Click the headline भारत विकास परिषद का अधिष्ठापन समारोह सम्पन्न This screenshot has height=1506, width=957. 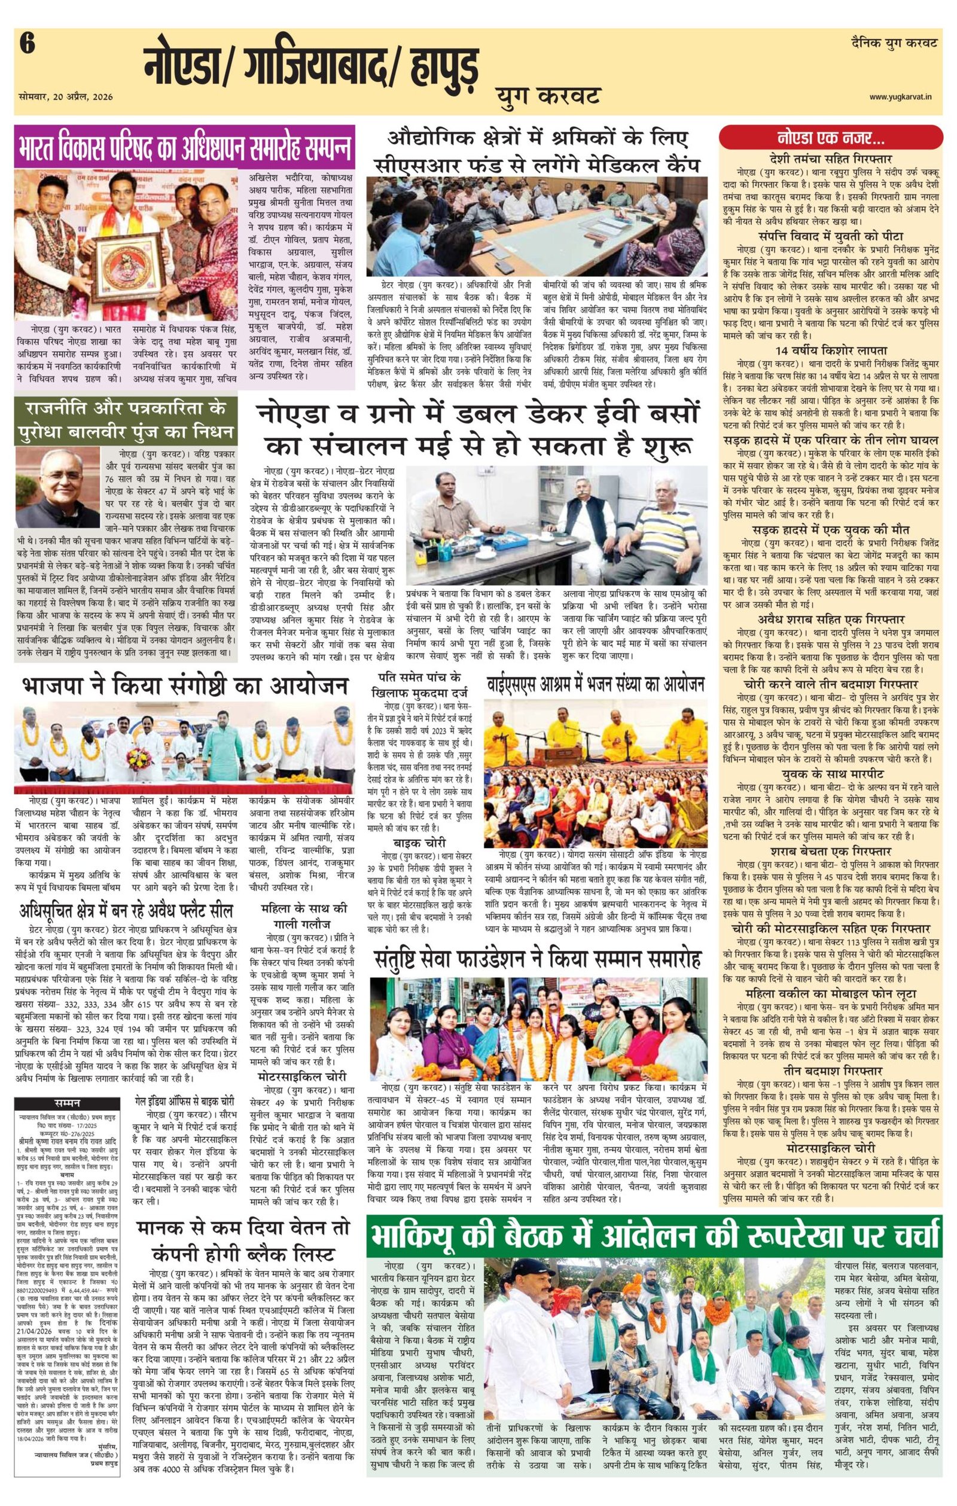coord(184,147)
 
